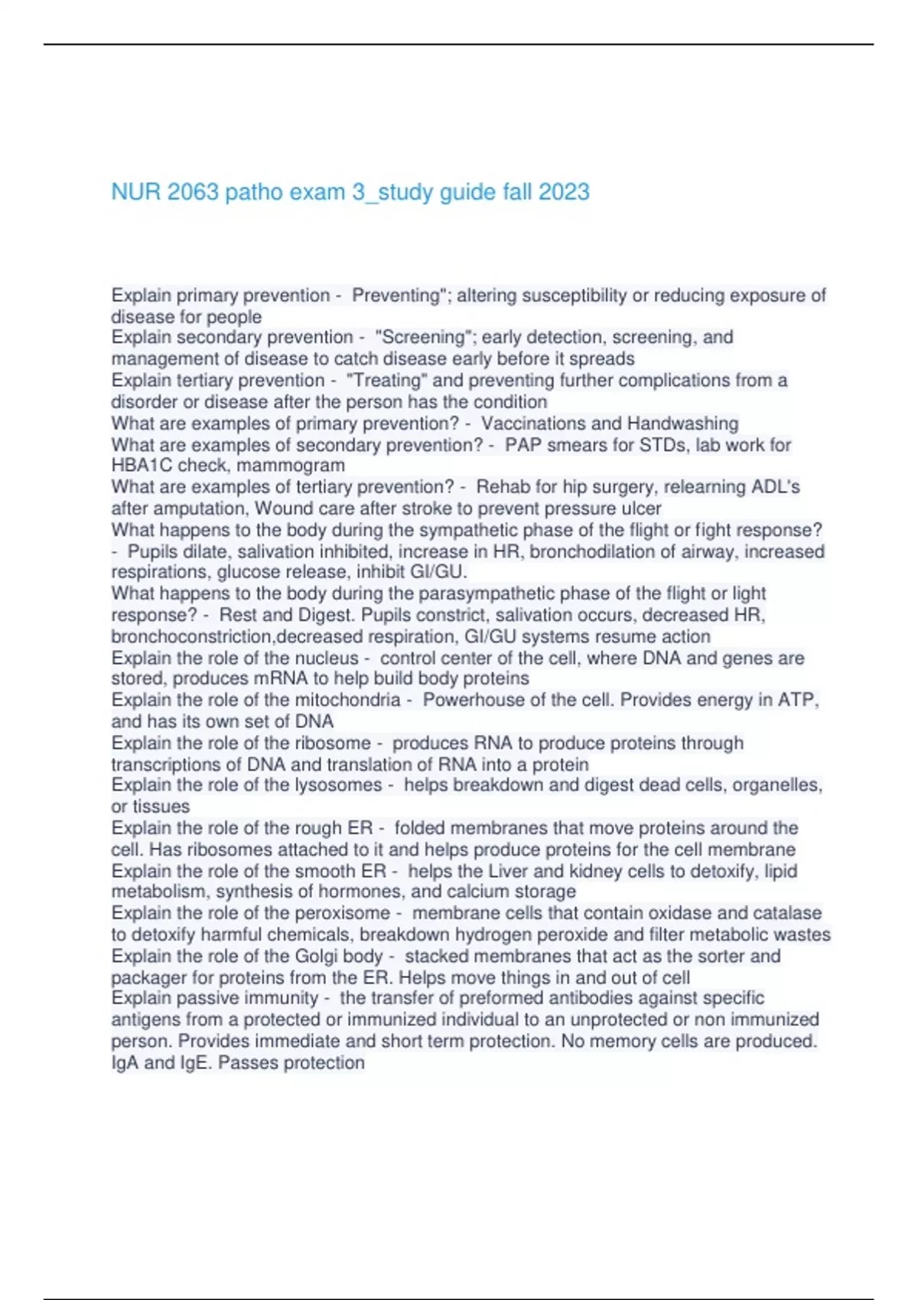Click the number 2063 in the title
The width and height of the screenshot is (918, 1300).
pos(193,191)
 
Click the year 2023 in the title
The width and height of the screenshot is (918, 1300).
pos(564,191)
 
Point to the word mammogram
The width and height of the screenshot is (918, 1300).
pos(298,466)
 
